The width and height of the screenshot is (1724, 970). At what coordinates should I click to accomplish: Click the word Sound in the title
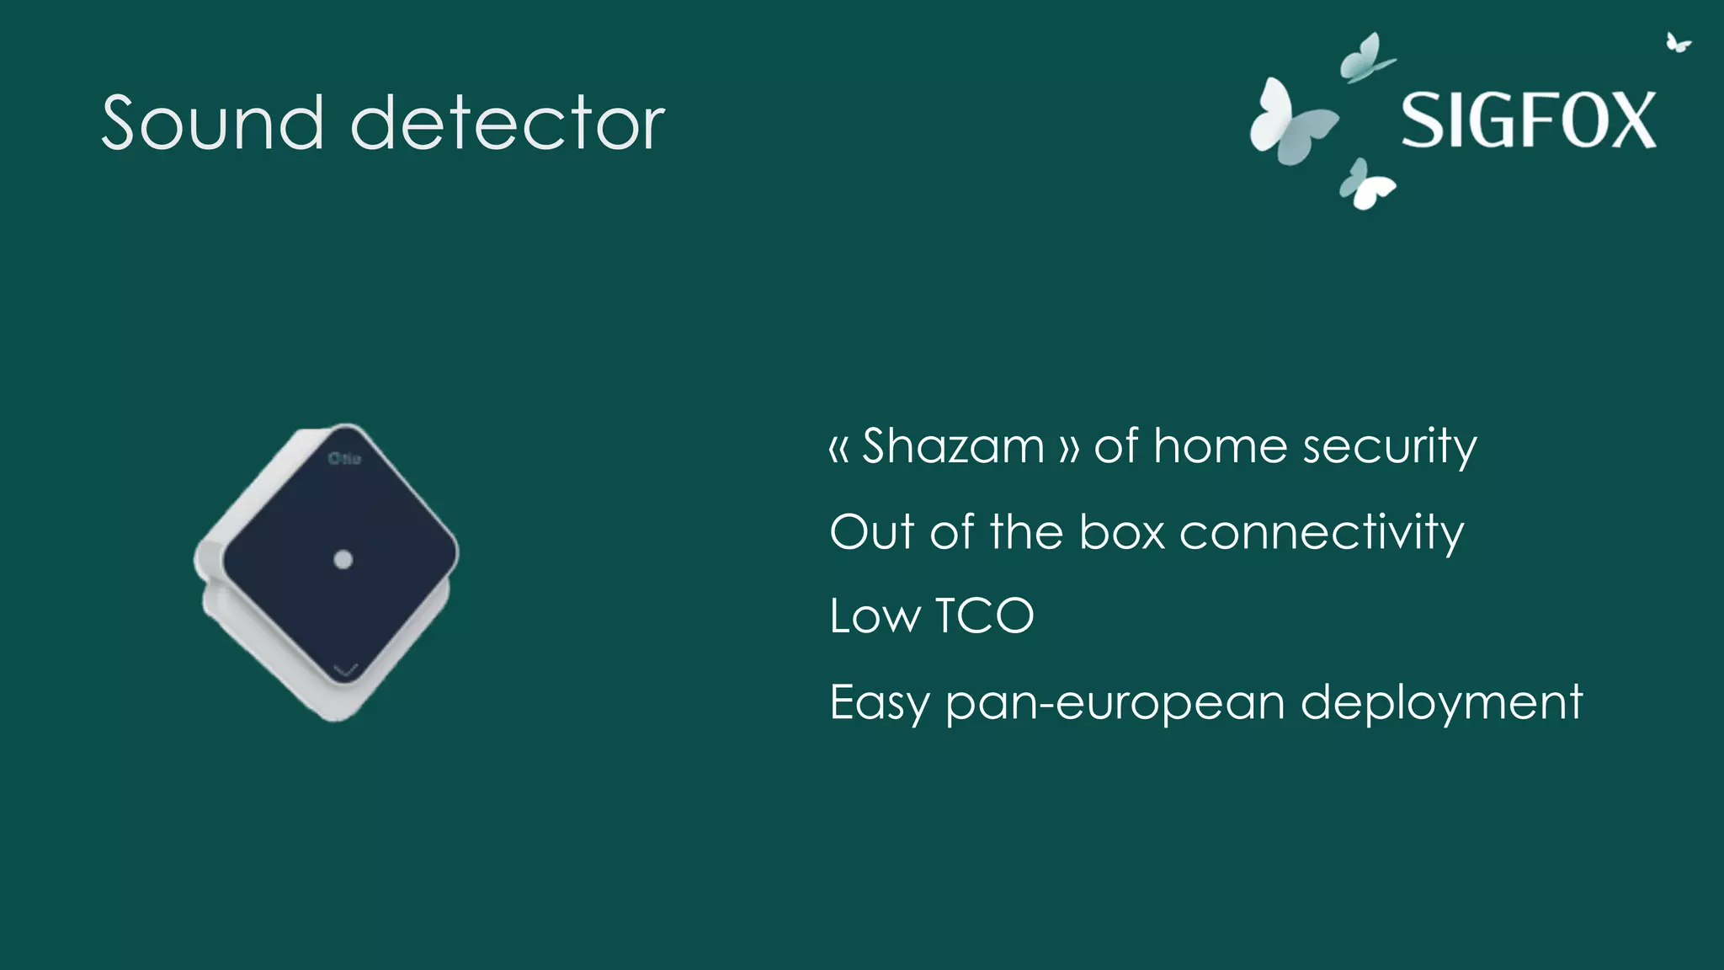click(x=212, y=123)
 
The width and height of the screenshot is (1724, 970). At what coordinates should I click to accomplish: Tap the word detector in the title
click(x=508, y=123)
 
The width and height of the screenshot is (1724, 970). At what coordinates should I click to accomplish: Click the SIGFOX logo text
click(x=1528, y=121)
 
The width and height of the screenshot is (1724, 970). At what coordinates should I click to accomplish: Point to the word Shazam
click(x=953, y=446)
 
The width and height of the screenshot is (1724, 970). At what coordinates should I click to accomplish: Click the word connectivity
click(x=1322, y=532)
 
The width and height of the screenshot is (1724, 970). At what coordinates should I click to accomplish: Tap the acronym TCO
click(x=984, y=616)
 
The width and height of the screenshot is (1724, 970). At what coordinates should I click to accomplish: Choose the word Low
click(x=875, y=616)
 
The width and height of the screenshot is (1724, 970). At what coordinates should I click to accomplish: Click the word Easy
click(x=879, y=703)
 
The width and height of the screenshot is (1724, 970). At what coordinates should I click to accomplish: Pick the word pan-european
click(x=1115, y=703)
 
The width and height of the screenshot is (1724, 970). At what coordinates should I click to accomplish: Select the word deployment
click(x=1441, y=703)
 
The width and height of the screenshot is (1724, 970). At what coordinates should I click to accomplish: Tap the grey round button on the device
click(x=343, y=559)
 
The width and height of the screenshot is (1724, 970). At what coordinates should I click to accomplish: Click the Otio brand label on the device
click(x=344, y=458)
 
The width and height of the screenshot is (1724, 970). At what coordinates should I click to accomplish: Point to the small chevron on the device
click(x=346, y=670)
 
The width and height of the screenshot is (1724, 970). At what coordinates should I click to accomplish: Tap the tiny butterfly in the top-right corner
click(x=1678, y=42)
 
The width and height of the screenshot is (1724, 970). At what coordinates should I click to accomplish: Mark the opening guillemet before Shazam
click(x=838, y=449)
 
